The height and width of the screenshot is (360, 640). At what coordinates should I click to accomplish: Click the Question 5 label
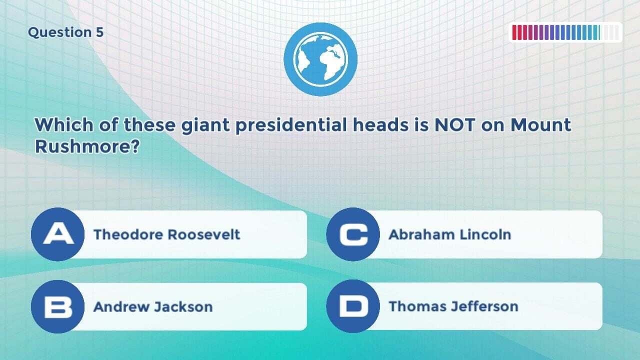click(x=65, y=32)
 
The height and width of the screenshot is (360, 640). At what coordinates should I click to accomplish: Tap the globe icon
click(x=320, y=59)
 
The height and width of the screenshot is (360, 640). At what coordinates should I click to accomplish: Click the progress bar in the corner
click(x=565, y=32)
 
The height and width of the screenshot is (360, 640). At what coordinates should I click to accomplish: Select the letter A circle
click(x=57, y=234)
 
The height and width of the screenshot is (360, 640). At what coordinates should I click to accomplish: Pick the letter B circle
click(x=57, y=306)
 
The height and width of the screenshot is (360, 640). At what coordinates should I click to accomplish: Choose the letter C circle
click(x=353, y=234)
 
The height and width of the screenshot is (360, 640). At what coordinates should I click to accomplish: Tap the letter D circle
click(x=353, y=306)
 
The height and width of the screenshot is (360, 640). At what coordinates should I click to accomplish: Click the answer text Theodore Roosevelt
click(x=167, y=234)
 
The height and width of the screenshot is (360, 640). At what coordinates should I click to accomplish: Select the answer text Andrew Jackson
click(x=153, y=306)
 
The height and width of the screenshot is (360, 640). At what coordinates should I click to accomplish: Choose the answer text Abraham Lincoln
click(x=449, y=234)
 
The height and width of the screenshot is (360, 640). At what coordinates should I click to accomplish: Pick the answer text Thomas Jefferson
click(x=453, y=306)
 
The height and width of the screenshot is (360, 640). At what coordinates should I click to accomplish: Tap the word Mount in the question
click(x=540, y=125)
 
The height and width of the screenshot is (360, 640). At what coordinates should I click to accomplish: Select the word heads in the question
click(x=382, y=125)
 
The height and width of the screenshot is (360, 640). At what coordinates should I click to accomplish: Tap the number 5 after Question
click(x=99, y=32)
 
